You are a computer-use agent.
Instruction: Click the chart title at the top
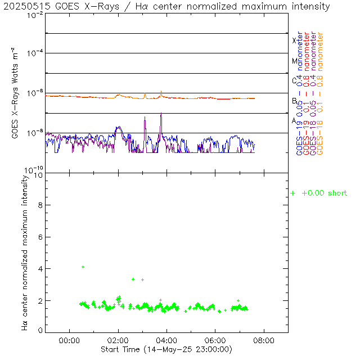tap(167, 6)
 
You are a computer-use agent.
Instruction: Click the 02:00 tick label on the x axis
tap(118, 340)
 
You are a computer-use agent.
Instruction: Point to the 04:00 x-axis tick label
tap(166, 340)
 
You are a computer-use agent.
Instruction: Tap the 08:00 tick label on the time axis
tap(264, 340)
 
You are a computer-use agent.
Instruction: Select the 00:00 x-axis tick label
tap(69, 340)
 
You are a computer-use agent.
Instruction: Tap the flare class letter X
tap(294, 40)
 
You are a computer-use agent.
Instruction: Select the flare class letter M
tap(294, 61)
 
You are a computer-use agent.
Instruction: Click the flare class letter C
tap(294, 80)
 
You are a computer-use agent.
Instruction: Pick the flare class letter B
tap(294, 101)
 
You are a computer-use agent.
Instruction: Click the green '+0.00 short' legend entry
tap(319, 193)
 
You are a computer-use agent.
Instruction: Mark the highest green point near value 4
tap(83, 267)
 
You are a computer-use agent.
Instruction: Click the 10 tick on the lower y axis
tap(39, 175)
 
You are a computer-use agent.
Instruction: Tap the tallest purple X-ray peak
tap(161, 114)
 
